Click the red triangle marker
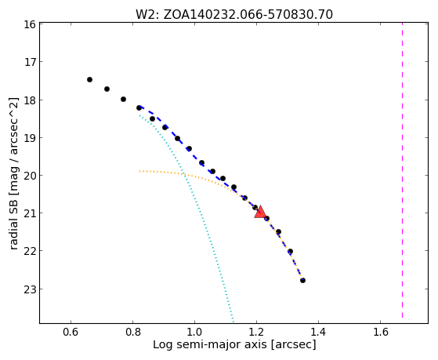point(260,212)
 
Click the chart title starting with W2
point(234,14)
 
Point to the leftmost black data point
point(89,80)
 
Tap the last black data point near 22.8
point(302,280)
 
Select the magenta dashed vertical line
point(402,170)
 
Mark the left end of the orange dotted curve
point(139,171)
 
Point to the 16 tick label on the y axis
point(29,24)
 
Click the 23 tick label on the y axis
point(29,289)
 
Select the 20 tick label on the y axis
point(29,176)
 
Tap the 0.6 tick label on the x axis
point(71,332)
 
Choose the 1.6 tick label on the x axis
point(381,332)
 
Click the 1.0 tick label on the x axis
point(194,332)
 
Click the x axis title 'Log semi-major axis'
point(210,344)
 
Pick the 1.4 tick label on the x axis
point(318,332)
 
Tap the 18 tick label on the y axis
point(29,100)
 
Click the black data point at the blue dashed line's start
point(139,107)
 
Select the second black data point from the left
point(107,89)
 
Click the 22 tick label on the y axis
point(29,252)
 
